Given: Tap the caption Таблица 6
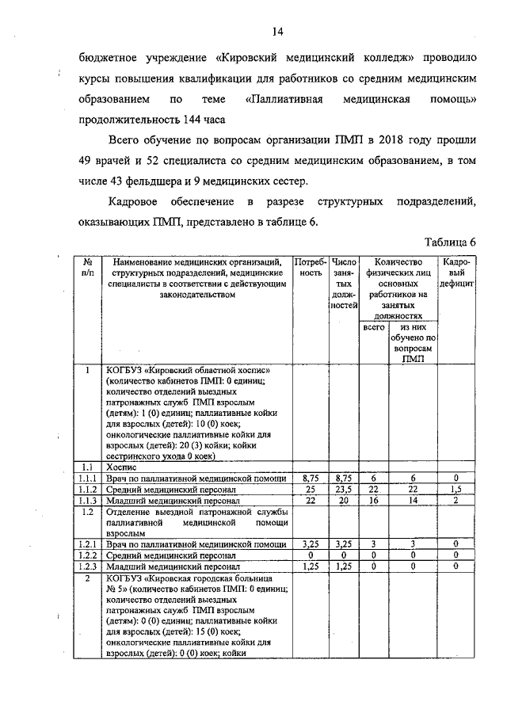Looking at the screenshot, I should point(449,242).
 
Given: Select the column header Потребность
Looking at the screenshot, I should point(310,267).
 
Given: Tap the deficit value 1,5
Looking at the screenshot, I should point(456,490).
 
